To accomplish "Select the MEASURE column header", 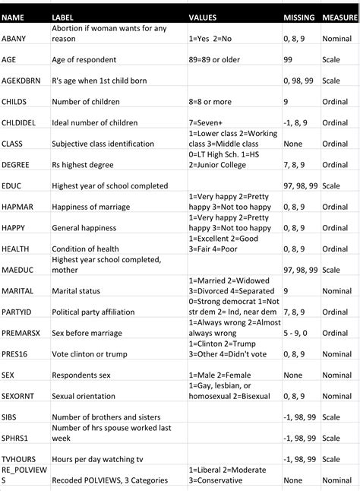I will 339,16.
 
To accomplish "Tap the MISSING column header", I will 298,16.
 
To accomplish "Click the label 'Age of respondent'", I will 84,59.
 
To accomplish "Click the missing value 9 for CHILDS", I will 285,101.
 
